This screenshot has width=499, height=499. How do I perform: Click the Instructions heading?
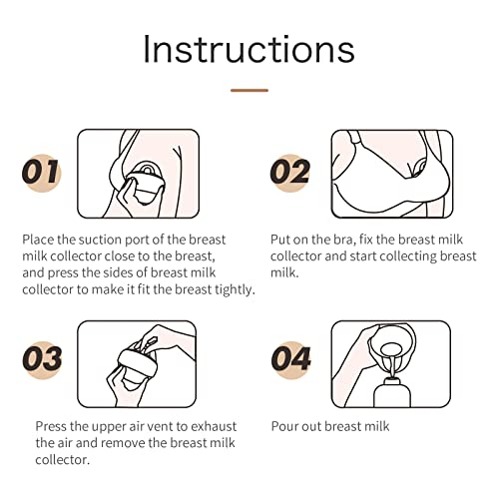point(249,49)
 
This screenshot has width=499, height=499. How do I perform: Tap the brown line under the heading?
point(249,90)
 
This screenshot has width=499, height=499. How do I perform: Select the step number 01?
point(41,172)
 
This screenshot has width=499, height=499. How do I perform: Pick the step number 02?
point(289,172)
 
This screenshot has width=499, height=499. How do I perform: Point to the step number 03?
point(42,358)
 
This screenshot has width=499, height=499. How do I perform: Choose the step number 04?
point(291,358)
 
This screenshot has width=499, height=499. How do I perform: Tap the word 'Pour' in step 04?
point(284,426)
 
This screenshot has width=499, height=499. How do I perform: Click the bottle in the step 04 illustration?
point(392,392)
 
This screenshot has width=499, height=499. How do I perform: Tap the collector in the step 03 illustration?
point(137,367)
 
